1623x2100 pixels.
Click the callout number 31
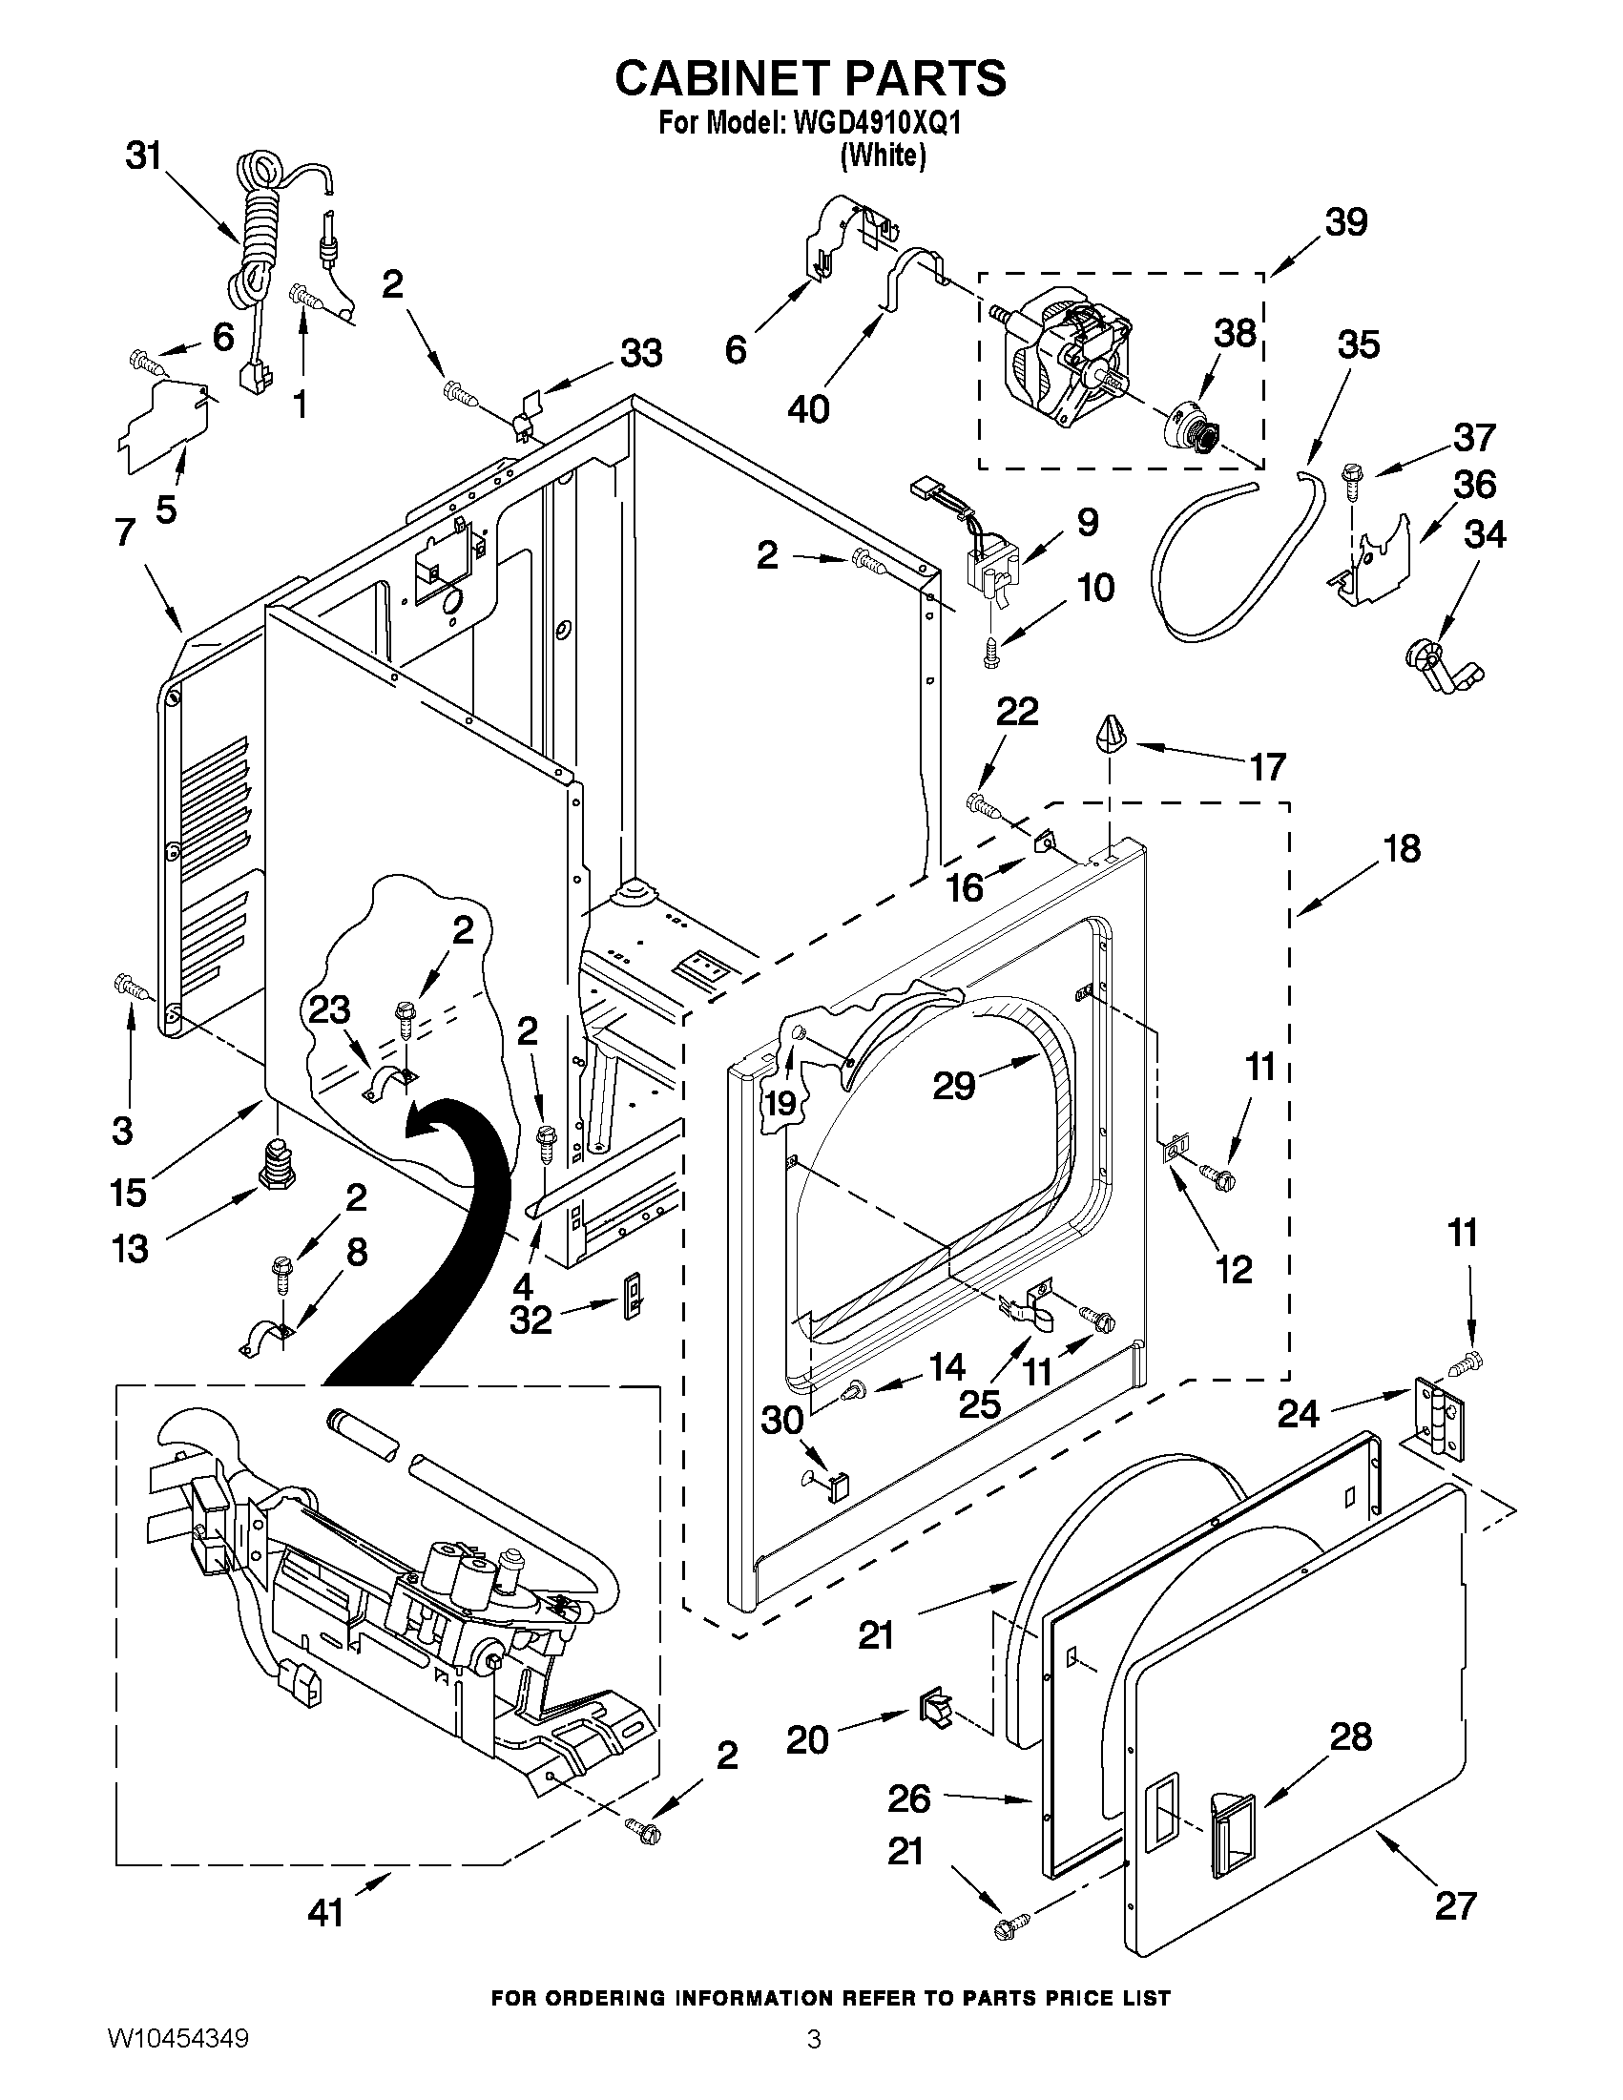point(144,155)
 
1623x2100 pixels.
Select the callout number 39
point(1346,222)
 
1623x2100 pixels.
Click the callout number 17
point(1268,767)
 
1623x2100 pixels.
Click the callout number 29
point(955,1087)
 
